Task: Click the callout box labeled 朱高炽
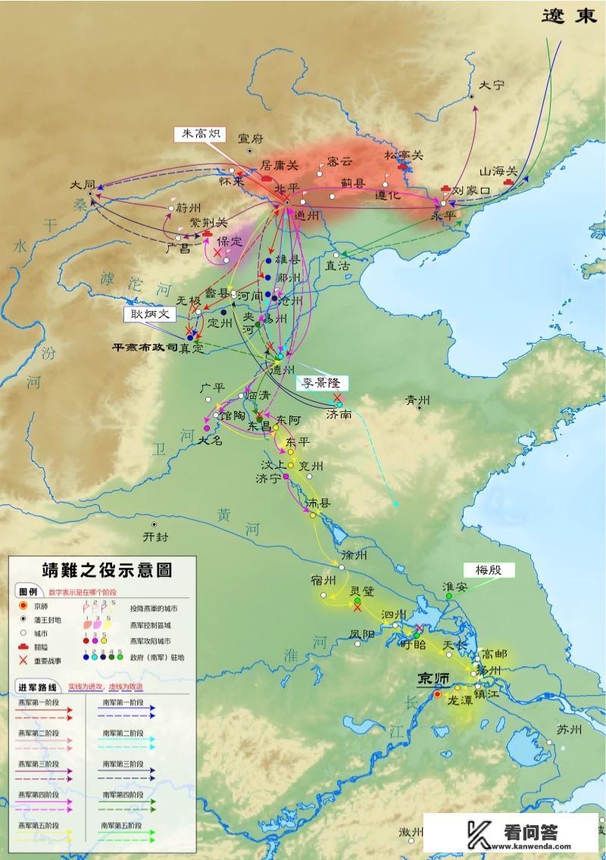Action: (x=198, y=134)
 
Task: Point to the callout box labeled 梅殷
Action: (x=489, y=569)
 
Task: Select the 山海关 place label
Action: (x=500, y=173)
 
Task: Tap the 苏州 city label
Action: (x=568, y=730)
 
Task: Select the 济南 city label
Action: (x=339, y=416)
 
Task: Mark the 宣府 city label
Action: (x=250, y=139)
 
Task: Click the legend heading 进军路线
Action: (x=36, y=687)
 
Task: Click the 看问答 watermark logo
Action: (x=515, y=833)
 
